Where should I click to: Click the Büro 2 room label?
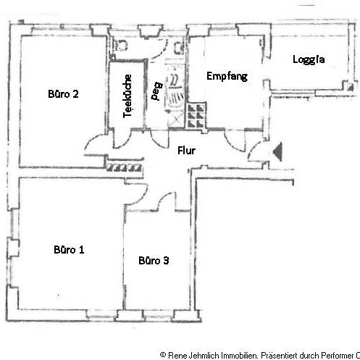[x=63, y=93]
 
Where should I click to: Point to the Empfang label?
[x=227, y=75]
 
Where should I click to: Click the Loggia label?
[x=308, y=59]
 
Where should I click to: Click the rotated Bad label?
[x=154, y=93]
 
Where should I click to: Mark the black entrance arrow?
[x=278, y=151]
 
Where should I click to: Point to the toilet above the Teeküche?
[x=121, y=46]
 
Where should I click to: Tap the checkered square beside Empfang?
[x=194, y=114]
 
